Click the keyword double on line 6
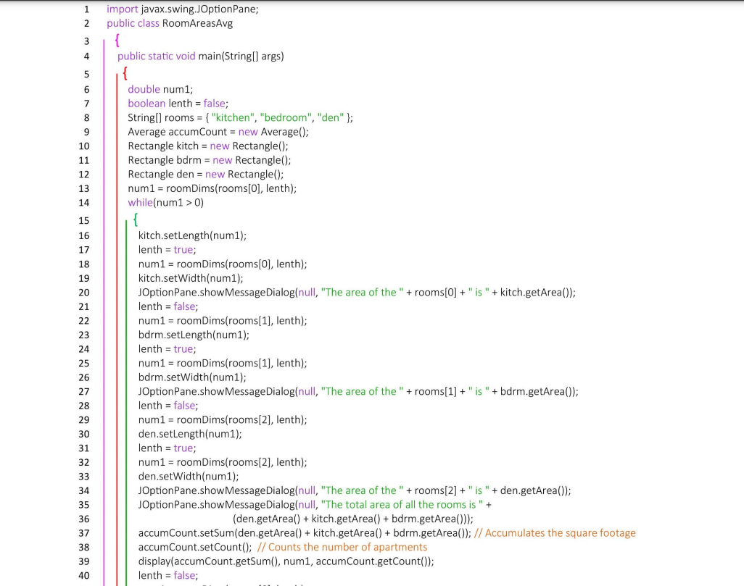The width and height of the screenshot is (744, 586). click(144, 89)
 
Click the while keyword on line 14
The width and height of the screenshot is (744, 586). click(140, 202)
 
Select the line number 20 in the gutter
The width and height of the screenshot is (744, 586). click(84, 292)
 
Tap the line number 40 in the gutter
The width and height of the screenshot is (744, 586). click(84, 575)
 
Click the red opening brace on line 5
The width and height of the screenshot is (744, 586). click(125, 73)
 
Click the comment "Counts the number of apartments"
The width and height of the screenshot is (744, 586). click(342, 547)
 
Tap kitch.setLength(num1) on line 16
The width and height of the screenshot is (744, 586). click(192, 235)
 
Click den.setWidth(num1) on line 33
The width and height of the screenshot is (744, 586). click(188, 476)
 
